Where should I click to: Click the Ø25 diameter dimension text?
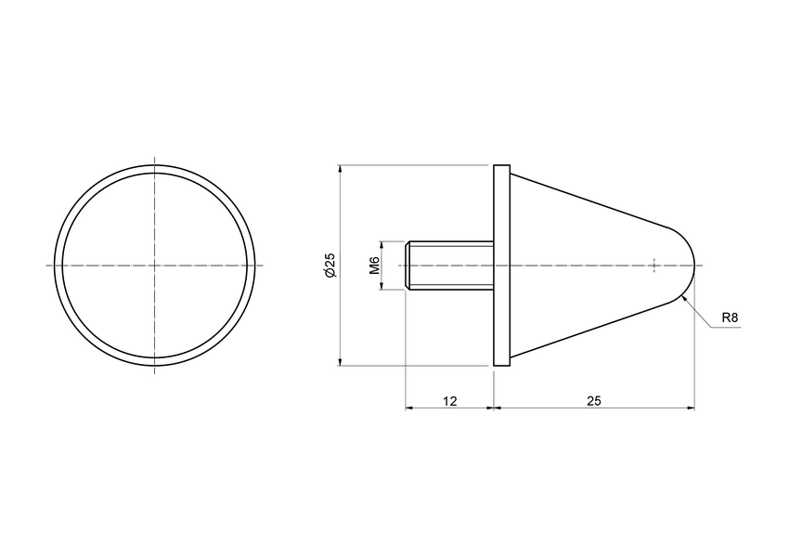330,266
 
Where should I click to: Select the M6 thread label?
374,266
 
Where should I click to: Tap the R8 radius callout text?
730,318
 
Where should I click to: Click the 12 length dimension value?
449,401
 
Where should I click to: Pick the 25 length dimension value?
594,401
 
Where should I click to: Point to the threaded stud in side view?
450,266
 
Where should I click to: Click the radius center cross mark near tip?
654,266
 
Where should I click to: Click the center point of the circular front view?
153,266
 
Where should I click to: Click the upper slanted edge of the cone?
594,199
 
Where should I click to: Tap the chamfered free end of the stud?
408,266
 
